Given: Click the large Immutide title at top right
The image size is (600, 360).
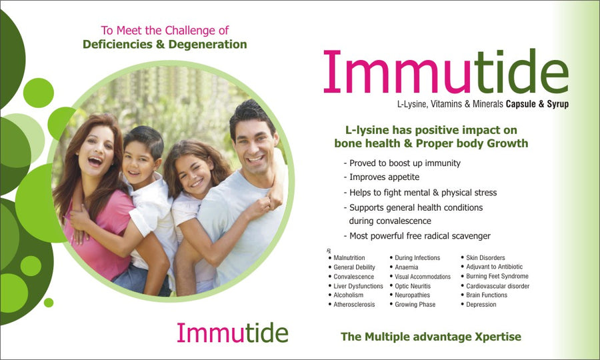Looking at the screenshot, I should point(445,72).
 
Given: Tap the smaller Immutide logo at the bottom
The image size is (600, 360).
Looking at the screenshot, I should point(232,332).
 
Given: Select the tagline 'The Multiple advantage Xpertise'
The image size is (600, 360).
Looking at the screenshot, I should point(431,337).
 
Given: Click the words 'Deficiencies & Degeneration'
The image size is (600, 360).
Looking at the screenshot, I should point(165,45).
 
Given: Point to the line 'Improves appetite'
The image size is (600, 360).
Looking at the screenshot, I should point(386,177).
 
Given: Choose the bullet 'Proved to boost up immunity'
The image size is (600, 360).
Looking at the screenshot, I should point(402,163).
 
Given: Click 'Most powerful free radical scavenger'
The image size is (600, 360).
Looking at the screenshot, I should point(417,236).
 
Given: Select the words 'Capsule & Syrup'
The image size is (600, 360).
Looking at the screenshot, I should point(537,104).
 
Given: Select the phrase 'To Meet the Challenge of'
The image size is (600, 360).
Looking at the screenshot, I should point(165,30).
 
